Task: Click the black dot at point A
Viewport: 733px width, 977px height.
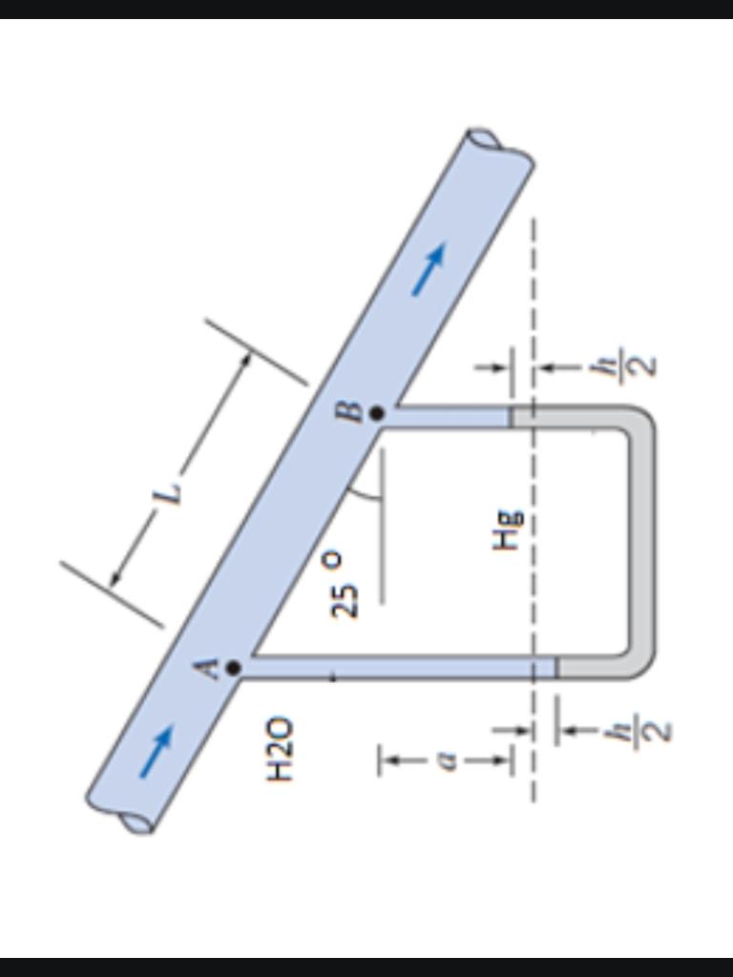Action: point(233,668)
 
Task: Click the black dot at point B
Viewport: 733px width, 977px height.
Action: point(376,412)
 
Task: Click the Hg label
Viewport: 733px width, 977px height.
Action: point(508,530)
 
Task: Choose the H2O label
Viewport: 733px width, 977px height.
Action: point(279,750)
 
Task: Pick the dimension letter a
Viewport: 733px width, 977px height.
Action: point(446,760)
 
